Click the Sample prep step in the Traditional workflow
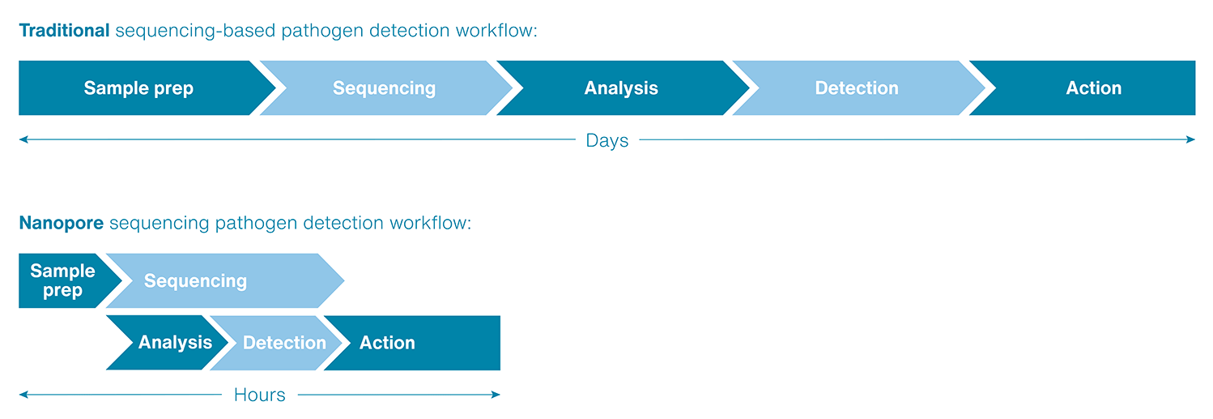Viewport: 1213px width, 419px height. [x=138, y=88]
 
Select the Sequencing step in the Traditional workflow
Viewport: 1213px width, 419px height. [x=384, y=88]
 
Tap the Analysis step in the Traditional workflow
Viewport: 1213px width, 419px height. [x=621, y=88]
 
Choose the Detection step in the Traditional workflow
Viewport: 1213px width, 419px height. [x=857, y=88]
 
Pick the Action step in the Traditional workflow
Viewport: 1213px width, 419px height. [x=1093, y=88]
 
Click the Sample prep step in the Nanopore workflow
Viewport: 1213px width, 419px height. [x=62, y=280]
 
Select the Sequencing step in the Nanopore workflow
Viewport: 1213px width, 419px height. [x=195, y=281]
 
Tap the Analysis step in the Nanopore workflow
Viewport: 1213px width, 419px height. [x=175, y=343]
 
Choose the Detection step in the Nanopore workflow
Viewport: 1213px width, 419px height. [x=284, y=343]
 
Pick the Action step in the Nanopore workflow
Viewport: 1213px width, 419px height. [x=388, y=343]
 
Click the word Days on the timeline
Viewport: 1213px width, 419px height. [x=606, y=141]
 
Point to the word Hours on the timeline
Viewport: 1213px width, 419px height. [x=259, y=395]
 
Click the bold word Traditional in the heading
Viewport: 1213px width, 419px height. [x=64, y=31]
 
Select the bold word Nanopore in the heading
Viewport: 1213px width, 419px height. [x=61, y=223]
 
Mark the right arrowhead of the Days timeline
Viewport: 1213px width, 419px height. [x=1191, y=139]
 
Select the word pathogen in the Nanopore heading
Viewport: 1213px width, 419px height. [x=253, y=224]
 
